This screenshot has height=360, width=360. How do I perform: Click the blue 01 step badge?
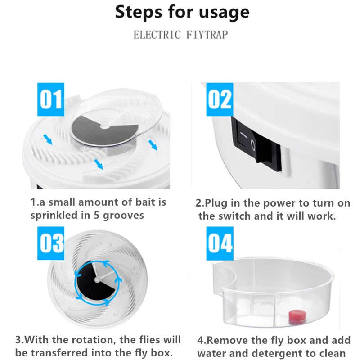(51, 99)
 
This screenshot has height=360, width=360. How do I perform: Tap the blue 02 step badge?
(220, 99)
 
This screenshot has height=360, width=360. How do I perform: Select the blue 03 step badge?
(51, 243)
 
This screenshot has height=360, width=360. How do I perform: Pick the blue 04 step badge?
(220, 243)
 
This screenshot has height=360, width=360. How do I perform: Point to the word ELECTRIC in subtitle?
(157, 35)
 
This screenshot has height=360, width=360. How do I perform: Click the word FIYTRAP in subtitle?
(207, 35)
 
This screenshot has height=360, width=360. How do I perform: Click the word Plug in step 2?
(216, 204)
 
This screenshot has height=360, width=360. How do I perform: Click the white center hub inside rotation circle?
(98, 279)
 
